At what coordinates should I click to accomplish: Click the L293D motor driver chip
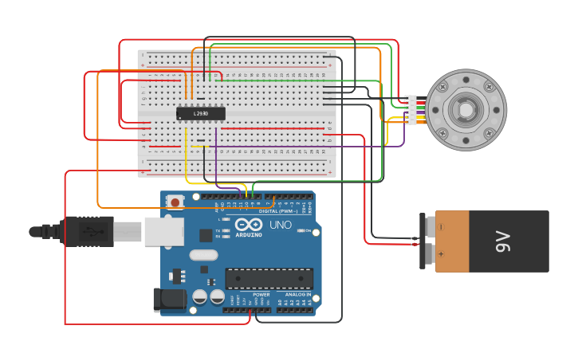point(200,114)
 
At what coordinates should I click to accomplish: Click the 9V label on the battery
point(502,241)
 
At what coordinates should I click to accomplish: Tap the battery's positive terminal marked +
point(430,254)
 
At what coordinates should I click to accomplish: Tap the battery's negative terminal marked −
point(430,228)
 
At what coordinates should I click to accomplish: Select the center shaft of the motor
point(465,110)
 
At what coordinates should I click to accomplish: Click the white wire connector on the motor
point(411,110)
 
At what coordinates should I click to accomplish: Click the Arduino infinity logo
point(248,225)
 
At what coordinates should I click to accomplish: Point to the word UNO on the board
point(280,225)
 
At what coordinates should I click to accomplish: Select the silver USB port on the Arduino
point(164,231)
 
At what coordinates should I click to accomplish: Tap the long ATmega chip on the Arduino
point(269,279)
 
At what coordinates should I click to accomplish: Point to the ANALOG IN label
point(297,294)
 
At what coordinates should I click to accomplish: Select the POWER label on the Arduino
point(261,294)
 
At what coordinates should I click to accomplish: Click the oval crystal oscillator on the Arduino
point(204,256)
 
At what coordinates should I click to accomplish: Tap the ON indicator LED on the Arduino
point(301,230)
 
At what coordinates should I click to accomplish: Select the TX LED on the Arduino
point(227,230)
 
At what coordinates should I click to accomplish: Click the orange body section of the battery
point(452,241)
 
